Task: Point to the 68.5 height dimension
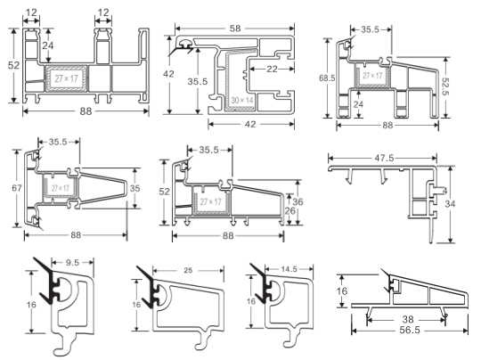pyautogui.click(x=328, y=78)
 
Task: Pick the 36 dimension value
pyautogui.click(x=298, y=201)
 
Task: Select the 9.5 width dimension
pyautogui.click(x=74, y=264)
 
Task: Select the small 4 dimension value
pyautogui.click(x=442, y=190)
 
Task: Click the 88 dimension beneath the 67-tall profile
pyautogui.click(x=78, y=235)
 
